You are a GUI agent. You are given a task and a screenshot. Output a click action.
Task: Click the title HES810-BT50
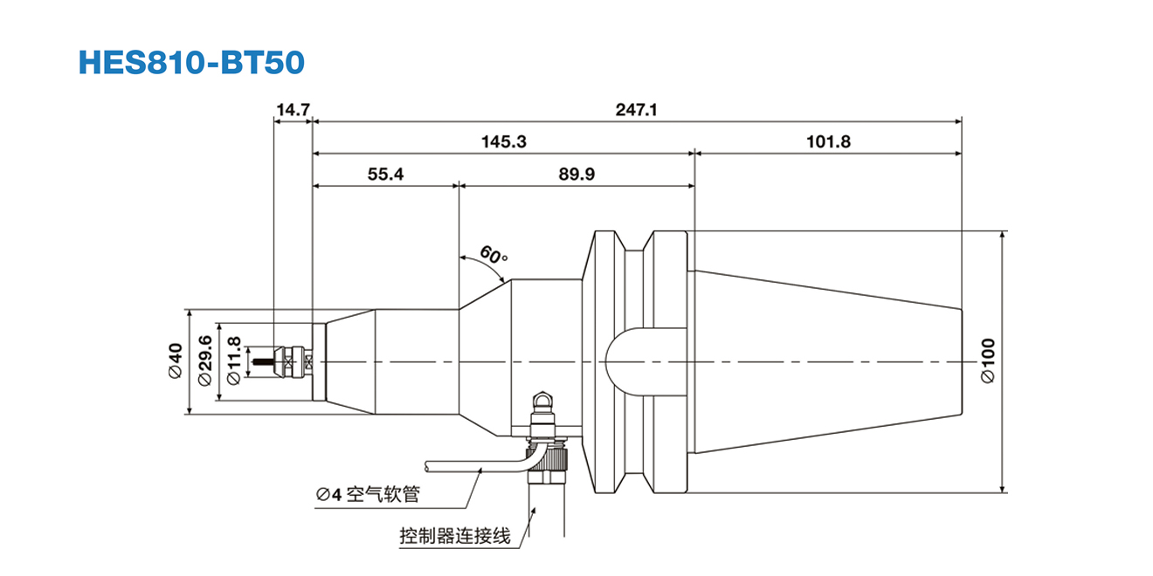(x=191, y=61)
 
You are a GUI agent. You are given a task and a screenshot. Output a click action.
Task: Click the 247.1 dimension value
(x=636, y=110)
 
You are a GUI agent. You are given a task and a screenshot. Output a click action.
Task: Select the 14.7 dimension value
(x=293, y=110)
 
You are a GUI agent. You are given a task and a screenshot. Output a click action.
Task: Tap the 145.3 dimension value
(x=504, y=141)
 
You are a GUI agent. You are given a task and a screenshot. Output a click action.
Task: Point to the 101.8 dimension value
(x=828, y=141)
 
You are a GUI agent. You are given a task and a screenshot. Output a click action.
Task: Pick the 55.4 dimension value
(x=385, y=174)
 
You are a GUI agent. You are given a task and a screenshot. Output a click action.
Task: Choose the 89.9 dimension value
(x=576, y=174)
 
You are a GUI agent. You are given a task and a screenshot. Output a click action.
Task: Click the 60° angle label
(x=494, y=256)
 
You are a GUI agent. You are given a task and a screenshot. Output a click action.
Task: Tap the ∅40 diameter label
(x=175, y=360)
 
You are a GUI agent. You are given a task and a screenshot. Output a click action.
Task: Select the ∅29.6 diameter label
(x=205, y=360)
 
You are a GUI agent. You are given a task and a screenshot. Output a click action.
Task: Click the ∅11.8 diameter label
(x=233, y=360)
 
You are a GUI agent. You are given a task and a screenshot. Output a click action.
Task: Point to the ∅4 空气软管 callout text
(x=368, y=495)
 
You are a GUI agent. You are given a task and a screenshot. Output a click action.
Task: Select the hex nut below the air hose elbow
(x=546, y=479)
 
